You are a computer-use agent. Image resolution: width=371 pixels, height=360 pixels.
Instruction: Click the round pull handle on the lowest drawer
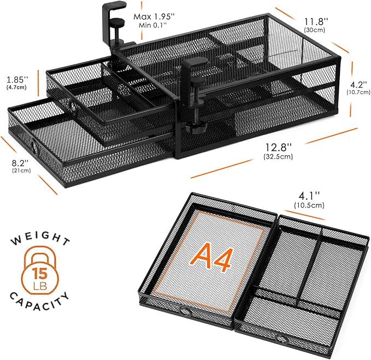(x=34, y=147)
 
